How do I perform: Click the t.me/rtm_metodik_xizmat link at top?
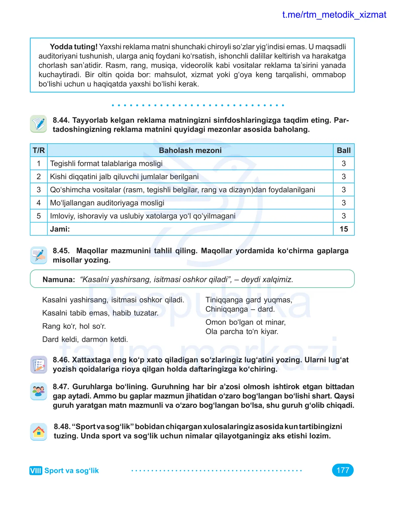pos(334,15)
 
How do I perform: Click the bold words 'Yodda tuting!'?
pos(73,47)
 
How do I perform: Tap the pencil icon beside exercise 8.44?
pos(39,124)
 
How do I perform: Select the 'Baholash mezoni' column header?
pos(190,150)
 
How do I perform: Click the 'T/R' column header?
pos(39,150)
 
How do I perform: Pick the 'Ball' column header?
pos(343,150)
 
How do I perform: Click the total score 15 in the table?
pos(343,229)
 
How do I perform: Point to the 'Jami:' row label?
pos(60,229)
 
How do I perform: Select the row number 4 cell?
pos(39,203)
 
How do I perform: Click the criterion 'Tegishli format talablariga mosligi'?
pos(106,164)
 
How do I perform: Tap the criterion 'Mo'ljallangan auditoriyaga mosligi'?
pos(107,203)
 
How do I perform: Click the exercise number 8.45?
pos(61,251)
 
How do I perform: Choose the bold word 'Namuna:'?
pos(59,280)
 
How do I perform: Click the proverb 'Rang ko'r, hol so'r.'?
pos(74,326)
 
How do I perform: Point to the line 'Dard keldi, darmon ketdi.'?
pos(85,339)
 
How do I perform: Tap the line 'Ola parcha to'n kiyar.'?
pos(242,331)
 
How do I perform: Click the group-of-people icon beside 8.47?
pos(39,391)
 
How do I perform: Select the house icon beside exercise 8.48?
pos(39,432)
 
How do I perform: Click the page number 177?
pos(342,470)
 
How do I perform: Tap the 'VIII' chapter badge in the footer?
pos(36,471)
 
